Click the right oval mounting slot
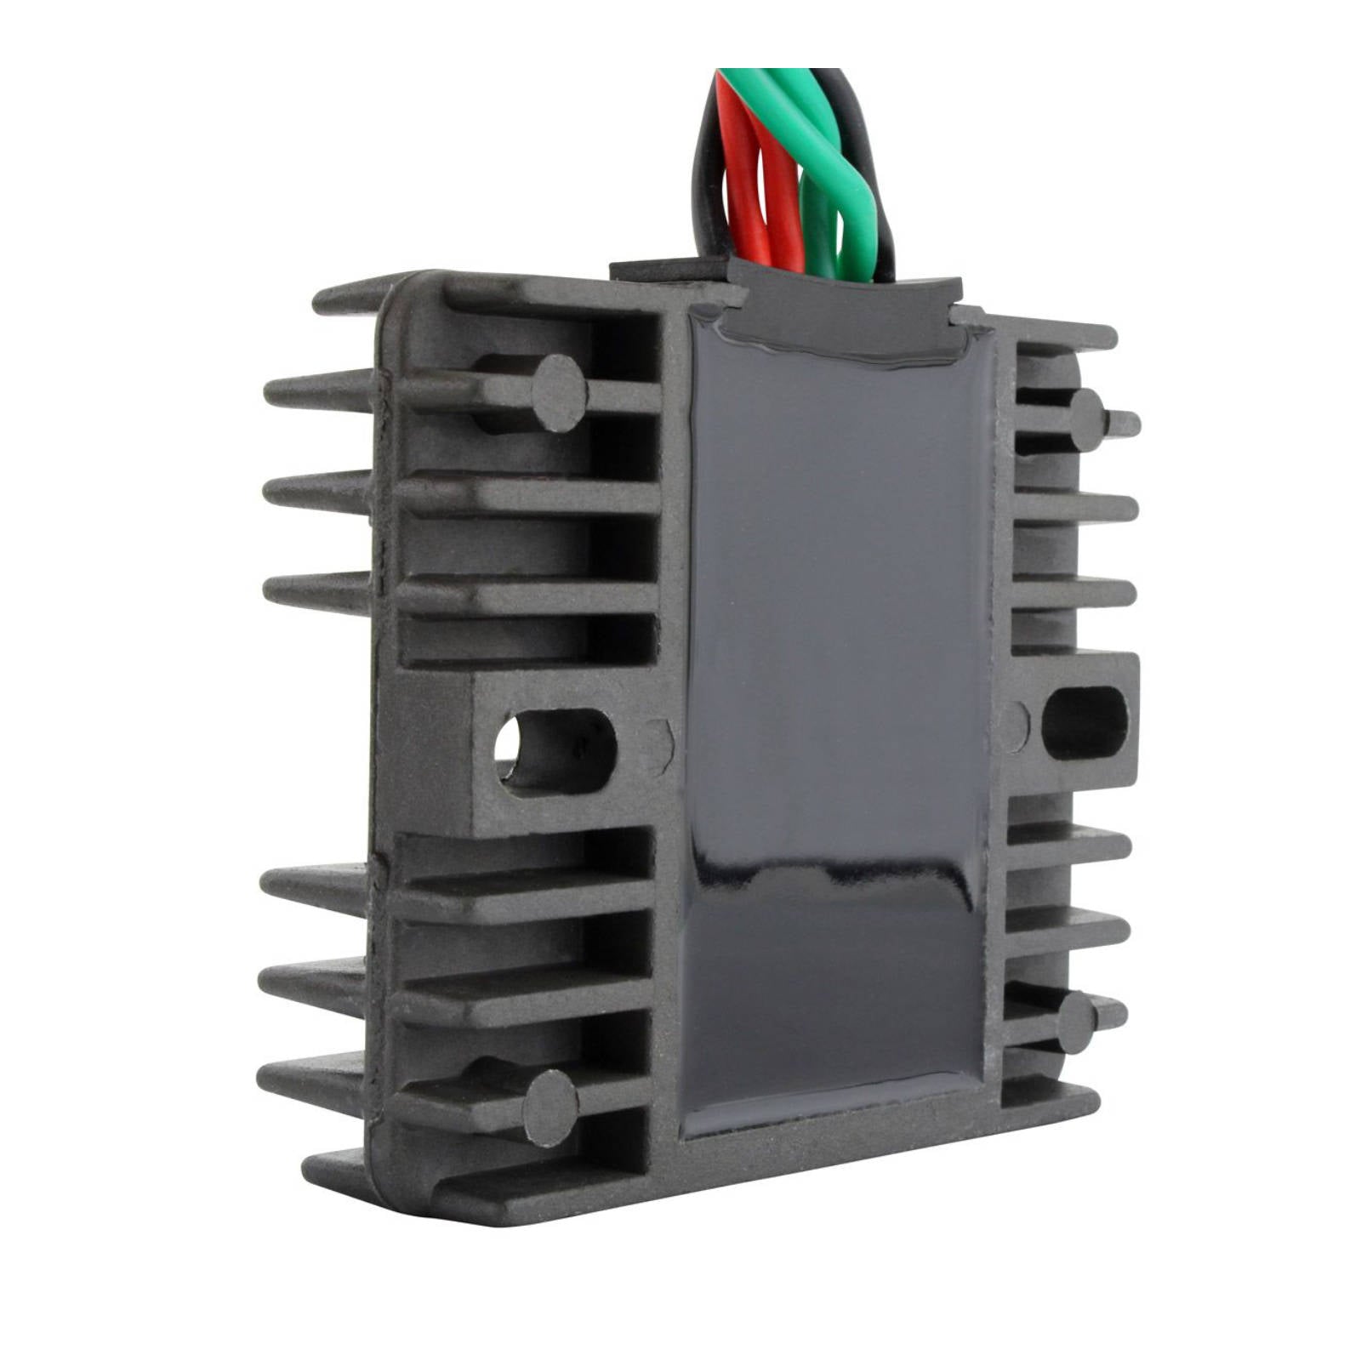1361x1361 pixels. click(1084, 721)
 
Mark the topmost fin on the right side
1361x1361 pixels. click(1063, 327)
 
